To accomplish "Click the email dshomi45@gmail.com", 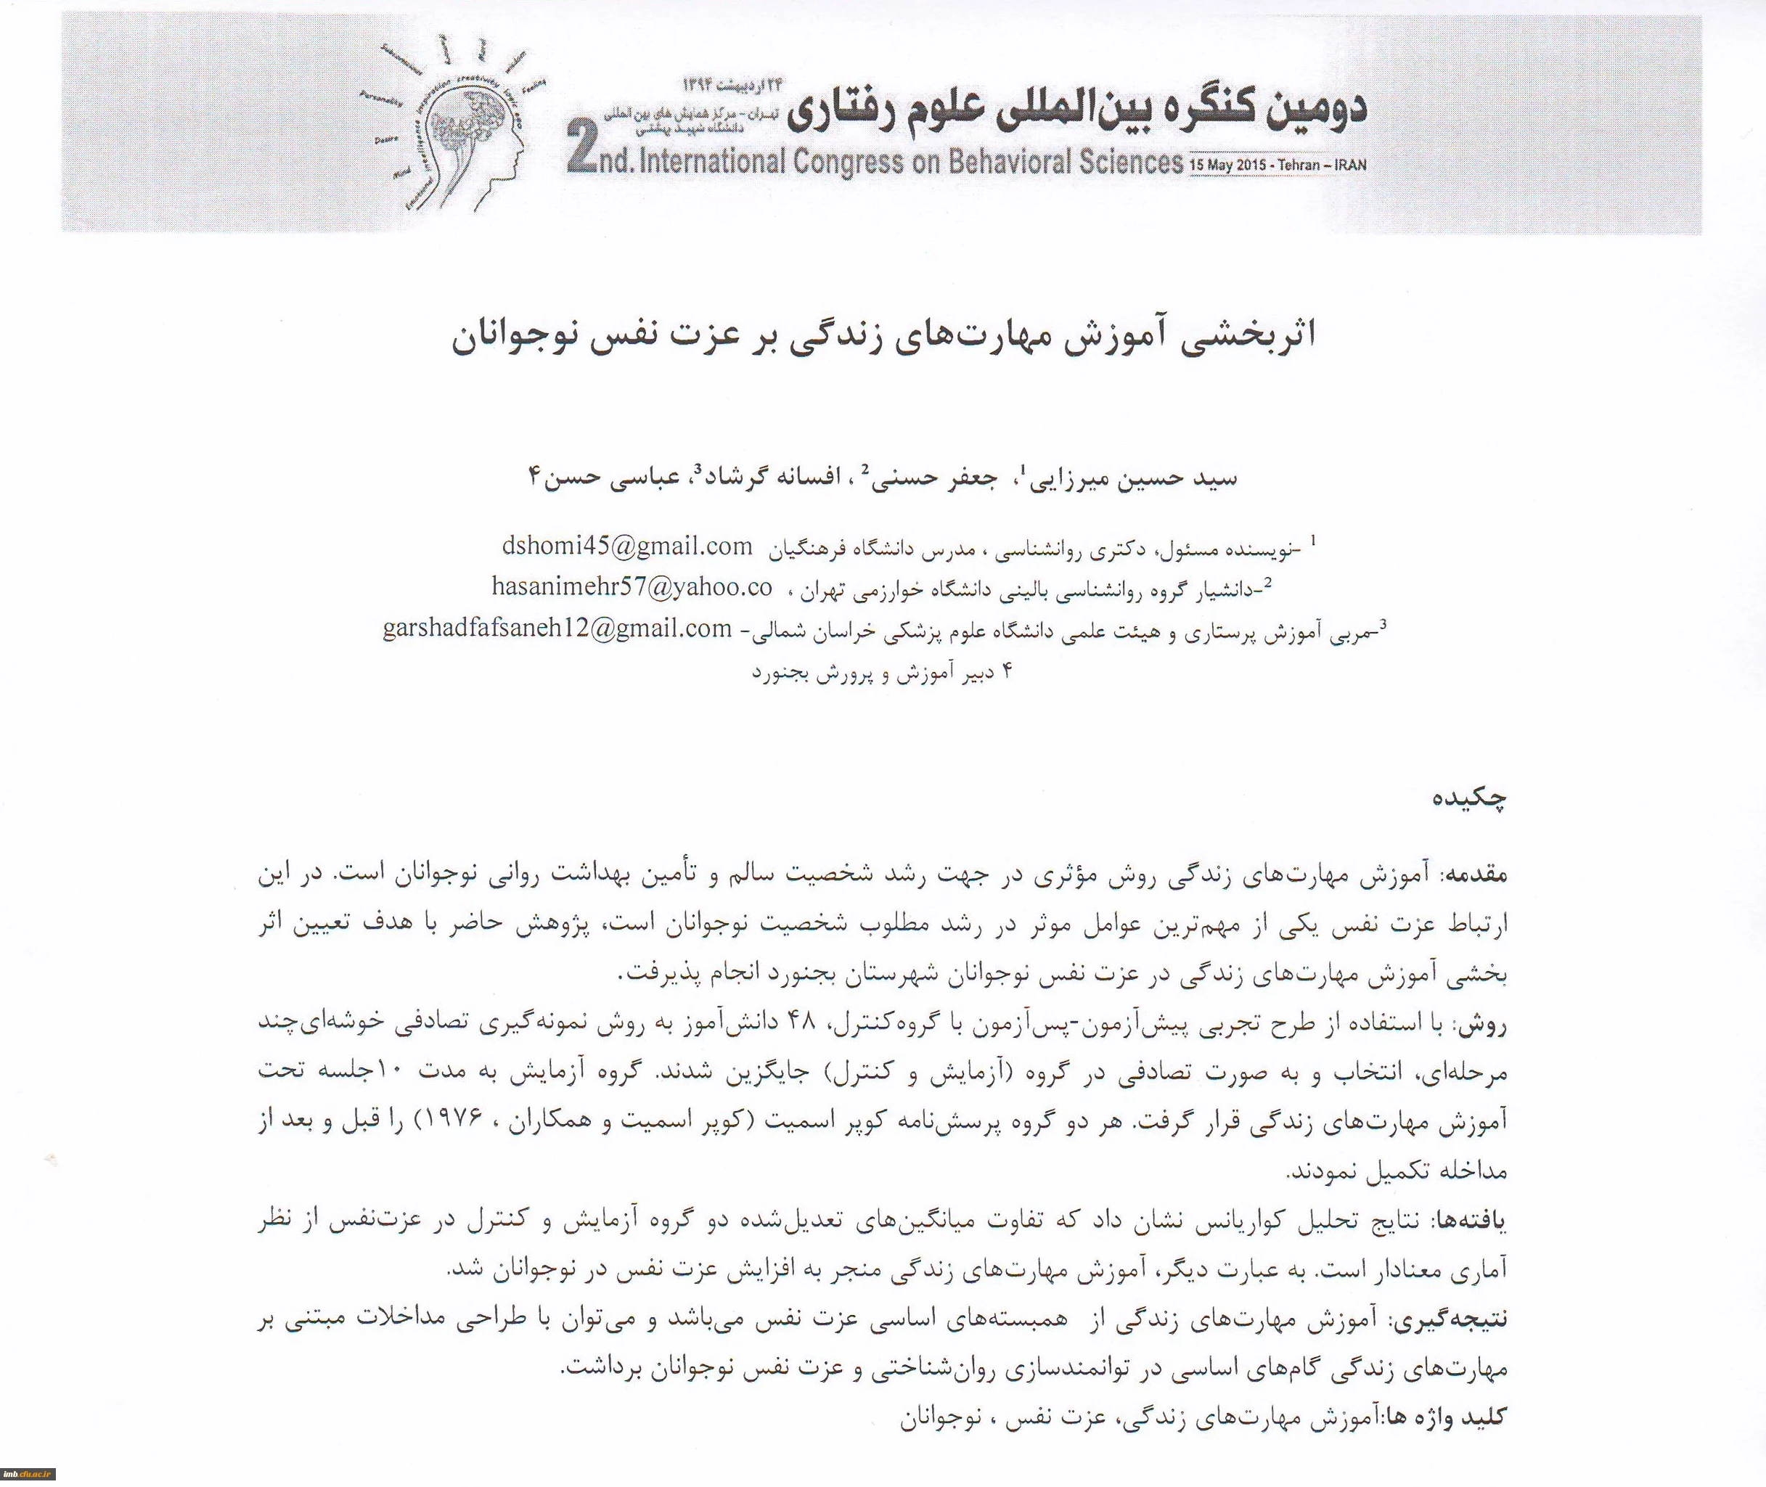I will tap(626, 546).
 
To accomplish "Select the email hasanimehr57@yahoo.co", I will tap(631, 588).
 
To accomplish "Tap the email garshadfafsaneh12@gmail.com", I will tap(556, 629).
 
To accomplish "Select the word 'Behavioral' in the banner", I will tap(1003, 161).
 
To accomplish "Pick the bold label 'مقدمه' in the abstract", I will tap(1478, 875).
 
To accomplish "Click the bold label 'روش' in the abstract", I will tap(1490, 1024).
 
